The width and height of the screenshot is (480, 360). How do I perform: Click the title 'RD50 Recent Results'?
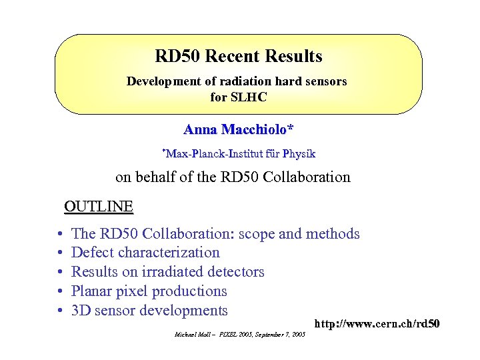tap(238, 56)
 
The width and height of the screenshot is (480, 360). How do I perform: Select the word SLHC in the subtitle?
tap(249, 97)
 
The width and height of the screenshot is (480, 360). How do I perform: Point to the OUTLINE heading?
tap(99, 206)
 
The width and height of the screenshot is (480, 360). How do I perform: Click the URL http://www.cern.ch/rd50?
tap(377, 324)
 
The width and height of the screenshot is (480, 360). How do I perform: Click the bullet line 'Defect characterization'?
tap(145, 253)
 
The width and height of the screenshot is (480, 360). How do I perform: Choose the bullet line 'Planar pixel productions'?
tap(149, 291)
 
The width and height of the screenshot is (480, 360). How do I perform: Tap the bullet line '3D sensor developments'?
tap(149, 311)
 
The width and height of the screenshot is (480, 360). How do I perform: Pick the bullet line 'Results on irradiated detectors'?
tap(167, 272)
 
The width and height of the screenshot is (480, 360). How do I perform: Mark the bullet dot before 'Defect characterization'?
tap(60, 253)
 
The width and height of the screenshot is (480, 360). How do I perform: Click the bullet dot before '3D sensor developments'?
tap(60, 311)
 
